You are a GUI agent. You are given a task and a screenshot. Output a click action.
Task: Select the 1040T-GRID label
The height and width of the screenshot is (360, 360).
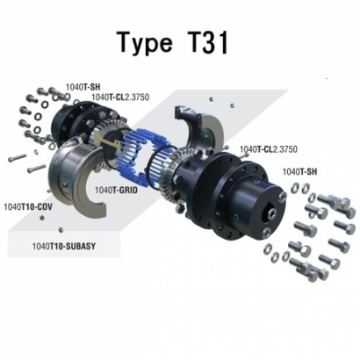click(117, 189)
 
